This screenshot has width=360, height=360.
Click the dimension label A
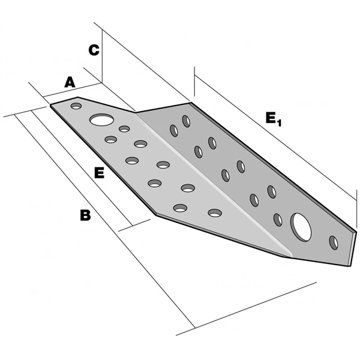pos(70,82)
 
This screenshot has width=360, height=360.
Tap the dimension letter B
pos(85,215)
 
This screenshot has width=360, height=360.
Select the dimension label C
pos(93,50)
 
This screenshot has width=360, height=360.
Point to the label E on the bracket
pos(100,173)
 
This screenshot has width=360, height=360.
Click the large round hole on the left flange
pos(101,119)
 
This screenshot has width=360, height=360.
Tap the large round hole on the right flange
pos(301,226)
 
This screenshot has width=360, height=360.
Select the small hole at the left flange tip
pos(76,107)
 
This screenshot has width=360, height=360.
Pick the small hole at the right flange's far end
pos(334,243)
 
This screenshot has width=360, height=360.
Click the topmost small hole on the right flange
pos(187,122)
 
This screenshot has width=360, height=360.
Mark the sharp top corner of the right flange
pos(191,103)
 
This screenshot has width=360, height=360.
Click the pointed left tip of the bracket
pos(51,105)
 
